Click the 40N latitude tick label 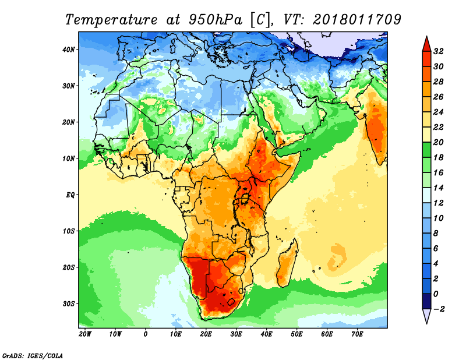(x=69, y=50)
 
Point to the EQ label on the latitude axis (x=70, y=195)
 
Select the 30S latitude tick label (x=69, y=303)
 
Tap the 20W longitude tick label (x=84, y=334)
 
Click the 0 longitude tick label (x=146, y=334)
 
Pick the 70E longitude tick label (x=357, y=334)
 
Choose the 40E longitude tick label (x=266, y=334)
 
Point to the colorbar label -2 (x=439, y=309)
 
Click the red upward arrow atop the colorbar (x=426, y=43)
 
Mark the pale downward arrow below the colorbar (x=426, y=316)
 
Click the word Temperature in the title (x=110, y=19)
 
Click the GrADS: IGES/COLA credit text (x=32, y=355)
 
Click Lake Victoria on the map (x=246, y=199)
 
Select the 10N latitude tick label (x=69, y=158)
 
